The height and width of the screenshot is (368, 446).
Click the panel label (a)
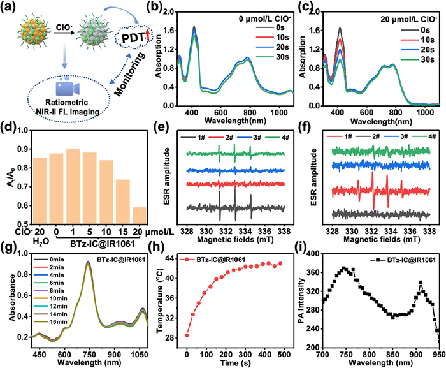[x=11, y=10]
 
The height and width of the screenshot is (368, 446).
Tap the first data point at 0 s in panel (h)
[x=187, y=335]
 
